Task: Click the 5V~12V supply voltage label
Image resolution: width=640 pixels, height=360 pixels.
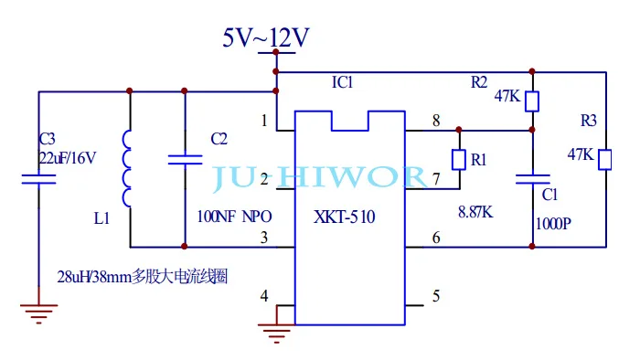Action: click(x=266, y=37)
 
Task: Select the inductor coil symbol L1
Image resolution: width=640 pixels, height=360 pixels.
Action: click(x=126, y=169)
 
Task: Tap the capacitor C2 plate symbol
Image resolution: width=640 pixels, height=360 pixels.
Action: click(x=185, y=159)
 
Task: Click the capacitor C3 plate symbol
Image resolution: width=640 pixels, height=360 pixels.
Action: click(x=38, y=179)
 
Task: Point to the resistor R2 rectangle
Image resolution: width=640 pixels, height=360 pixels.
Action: click(x=532, y=101)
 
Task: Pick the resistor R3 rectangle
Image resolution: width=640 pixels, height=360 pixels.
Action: click(x=605, y=159)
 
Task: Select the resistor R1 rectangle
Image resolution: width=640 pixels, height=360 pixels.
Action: click(x=459, y=160)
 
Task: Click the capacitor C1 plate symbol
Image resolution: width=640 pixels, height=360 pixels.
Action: click(x=533, y=179)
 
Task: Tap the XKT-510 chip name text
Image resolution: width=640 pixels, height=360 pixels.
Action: click(x=344, y=217)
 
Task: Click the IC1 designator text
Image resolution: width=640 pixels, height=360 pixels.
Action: click(x=342, y=82)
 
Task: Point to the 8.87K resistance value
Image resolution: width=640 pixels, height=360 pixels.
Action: click(x=475, y=212)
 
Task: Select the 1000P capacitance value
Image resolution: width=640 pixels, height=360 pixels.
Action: click(x=553, y=224)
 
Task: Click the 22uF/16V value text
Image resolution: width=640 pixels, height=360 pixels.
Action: click(x=68, y=158)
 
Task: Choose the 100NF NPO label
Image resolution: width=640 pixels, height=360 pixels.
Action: click(x=234, y=217)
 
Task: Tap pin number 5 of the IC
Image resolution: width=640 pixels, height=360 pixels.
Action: click(x=436, y=296)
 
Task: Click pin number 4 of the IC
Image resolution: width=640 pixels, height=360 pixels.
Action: click(x=264, y=296)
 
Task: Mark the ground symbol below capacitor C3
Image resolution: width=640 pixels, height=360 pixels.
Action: click(x=38, y=313)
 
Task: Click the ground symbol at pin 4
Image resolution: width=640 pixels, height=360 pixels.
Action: click(x=276, y=334)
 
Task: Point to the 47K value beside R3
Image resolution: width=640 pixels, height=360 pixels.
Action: click(x=581, y=154)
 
